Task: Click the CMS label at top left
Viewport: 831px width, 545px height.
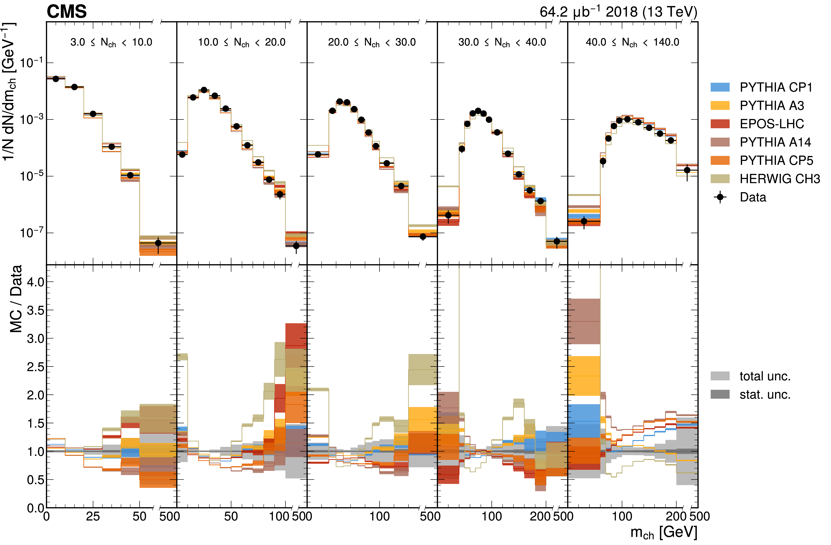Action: [x=66, y=12]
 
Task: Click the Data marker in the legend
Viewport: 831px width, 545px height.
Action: [x=720, y=197]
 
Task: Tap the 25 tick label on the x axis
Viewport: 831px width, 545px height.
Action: [x=93, y=516]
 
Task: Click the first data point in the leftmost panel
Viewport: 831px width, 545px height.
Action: [x=55, y=79]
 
